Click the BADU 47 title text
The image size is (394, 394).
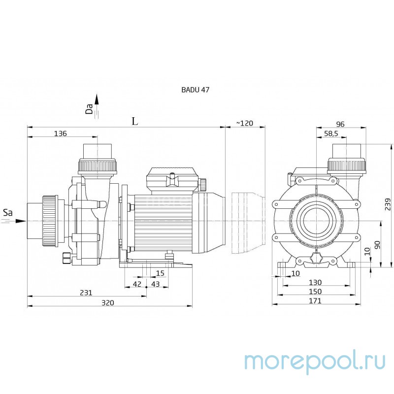195,90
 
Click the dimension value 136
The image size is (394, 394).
60,133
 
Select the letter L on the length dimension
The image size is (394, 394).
135,121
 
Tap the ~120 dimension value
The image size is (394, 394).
244,123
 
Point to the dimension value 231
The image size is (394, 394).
86,293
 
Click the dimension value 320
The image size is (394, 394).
107,303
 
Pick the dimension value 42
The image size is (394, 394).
137,284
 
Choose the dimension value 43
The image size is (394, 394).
156,284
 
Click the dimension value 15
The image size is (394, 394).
160,273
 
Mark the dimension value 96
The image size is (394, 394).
340,124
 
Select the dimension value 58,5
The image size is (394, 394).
331,133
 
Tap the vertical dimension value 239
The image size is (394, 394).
388,204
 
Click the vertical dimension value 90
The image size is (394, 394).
377,245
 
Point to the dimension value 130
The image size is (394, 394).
315,282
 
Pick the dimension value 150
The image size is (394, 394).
315,292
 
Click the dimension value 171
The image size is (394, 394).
315,301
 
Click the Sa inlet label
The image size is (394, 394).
8,213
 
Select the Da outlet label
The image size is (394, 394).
89,109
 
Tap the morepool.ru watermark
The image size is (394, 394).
315,361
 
